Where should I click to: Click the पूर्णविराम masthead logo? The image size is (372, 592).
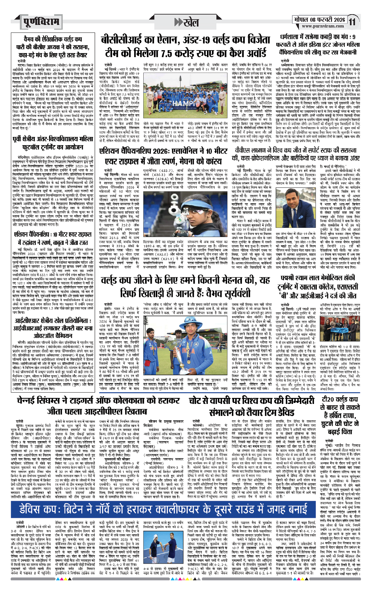click(x=41, y=22)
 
